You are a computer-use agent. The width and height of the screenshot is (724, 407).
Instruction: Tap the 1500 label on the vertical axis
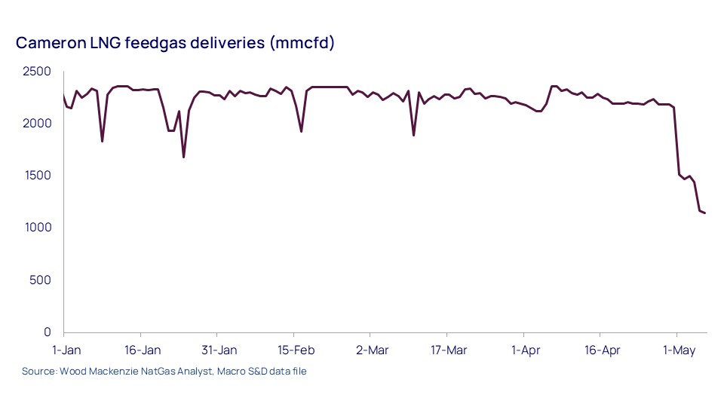pyautogui.click(x=36, y=176)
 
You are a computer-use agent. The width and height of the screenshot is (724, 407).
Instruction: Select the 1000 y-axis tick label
pyautogui.click(x=36, y=228)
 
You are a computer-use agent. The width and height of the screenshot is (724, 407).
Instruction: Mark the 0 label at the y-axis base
pyautogui.click(x=48, y=332)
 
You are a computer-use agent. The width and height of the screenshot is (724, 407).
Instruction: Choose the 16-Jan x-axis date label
pyautogui.click(x=142, y=350)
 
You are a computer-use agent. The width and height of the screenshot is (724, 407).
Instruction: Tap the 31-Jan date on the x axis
pyautogui.click(x=219, y=350)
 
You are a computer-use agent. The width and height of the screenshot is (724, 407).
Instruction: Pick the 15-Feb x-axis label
pyautogui.click(x=295, y=350)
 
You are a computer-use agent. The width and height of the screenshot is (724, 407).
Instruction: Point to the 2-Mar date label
pyautogui.click(x=372, y=350)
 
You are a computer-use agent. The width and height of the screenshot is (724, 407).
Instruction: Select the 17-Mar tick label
pyautogui.click(x=448, y=350)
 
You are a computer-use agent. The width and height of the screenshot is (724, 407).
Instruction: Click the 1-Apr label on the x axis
pyautogui.click(x=525, y=350)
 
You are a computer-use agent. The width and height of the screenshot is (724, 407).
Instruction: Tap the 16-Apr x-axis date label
pyautogui.click(x=602, y=350)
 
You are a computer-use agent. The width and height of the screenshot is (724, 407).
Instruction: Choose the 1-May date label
pyautogui.click(x=678, y=350)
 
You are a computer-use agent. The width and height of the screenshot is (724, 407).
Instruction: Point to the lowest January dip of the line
pyautogui.click(x=183, y=157)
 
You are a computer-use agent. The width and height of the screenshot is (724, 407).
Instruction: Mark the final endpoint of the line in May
pyautogui.click(x=704, y=213)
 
